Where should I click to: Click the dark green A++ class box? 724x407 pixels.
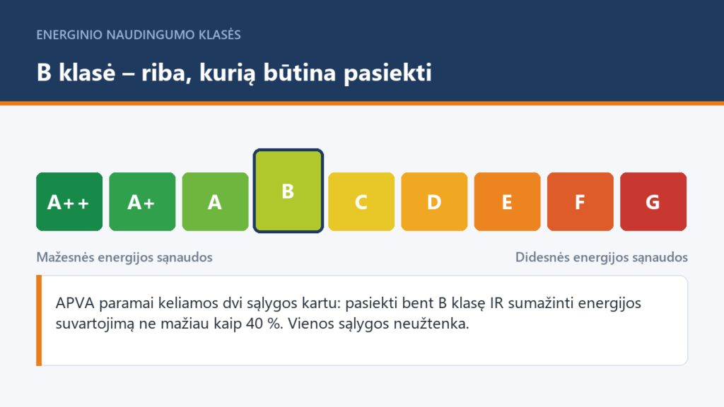(69, 201)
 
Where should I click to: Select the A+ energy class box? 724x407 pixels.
(142, 201)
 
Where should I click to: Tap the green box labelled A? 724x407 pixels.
(215, 201)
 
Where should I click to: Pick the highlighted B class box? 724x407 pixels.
(288, 191)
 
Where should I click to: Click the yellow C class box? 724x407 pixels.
(361, 201)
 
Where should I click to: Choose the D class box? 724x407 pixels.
(434, 201)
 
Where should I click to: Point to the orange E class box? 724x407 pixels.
(507, 201)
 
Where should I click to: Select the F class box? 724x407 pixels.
(580, 201)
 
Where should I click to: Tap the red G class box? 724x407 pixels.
(653, 201)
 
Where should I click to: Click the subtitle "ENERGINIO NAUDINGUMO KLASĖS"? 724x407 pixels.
(139, 35)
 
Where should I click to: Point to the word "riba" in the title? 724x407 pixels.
(166, 73)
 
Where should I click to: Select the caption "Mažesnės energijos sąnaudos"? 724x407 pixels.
(124, 257)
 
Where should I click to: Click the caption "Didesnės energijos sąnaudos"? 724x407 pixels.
(601, 257)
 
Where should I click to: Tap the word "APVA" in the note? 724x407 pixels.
(75, 303)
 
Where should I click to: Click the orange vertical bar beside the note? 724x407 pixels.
(39, 320)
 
